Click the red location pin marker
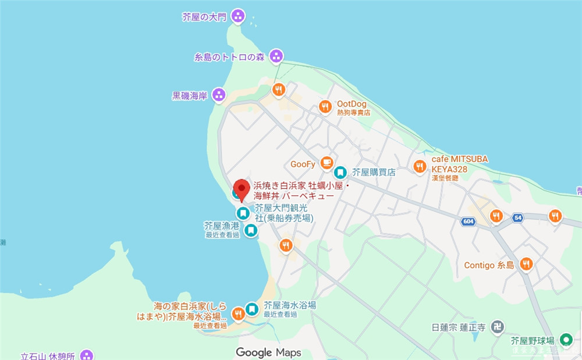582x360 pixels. pos(242,190)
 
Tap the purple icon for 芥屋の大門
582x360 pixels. pos(237,16)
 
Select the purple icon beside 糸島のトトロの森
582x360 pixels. pos(276,57)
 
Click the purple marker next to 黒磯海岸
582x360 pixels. pos(218,95)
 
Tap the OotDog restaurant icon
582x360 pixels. pos(325,106)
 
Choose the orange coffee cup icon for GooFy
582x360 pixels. pos(326,163)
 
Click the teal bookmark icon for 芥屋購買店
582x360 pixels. pos(340,172)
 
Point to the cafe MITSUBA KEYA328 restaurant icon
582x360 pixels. pos(420,167)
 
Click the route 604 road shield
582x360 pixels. pos(469,222)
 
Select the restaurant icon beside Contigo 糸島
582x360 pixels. pos(526,265)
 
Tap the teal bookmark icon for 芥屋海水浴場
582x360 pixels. pos(252,309)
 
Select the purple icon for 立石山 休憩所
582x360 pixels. pos(87,355)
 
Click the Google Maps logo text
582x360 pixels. pos(268,352)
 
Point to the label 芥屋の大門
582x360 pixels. pos(204,17)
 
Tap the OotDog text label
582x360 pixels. pos(352,104)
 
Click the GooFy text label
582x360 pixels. pos(303,163)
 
